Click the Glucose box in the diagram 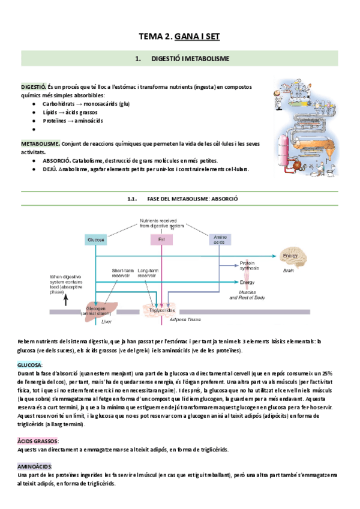(95, 239)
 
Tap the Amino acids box (220, 239)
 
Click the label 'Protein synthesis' (248, 265)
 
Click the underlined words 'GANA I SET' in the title (197, 37)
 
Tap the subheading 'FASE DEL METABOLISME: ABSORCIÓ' (191, 199)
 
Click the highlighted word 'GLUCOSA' (31, 365)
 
